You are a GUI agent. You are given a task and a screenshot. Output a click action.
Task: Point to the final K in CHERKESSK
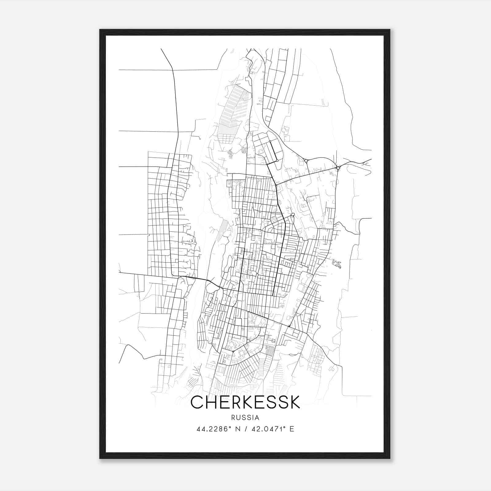(294, 403)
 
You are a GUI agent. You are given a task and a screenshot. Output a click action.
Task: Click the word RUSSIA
(245, 418)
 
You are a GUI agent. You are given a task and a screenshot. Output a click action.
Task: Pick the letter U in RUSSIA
(239, 418)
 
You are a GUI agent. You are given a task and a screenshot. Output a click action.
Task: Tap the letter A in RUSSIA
(257, 418)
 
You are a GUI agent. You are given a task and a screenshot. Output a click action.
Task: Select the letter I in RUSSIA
(253, 418)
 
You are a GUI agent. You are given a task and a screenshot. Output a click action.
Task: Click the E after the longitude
(292, 429)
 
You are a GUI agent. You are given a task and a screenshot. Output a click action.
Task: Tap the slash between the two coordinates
(246, 429)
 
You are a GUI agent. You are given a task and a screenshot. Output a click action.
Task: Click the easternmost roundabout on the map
(338, 168)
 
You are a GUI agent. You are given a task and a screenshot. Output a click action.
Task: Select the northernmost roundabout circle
(270, 141)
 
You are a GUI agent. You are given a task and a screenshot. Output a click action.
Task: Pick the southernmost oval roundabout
(293, 215)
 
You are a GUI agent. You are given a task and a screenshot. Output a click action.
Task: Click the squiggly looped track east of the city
(337, 264)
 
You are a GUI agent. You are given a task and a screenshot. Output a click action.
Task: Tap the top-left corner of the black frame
(100, 30)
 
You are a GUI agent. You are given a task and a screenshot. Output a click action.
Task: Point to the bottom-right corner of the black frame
(390, 458)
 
